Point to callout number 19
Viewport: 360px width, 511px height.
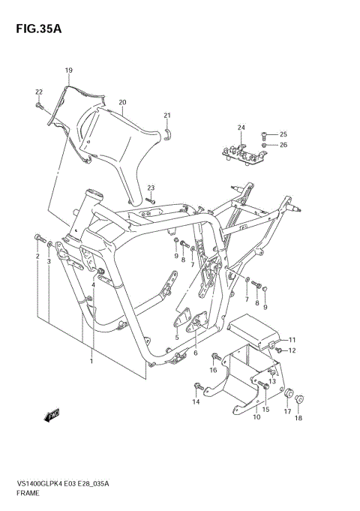pyautogui.click(x=68, y=71)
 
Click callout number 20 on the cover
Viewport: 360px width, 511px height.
pyautogui.click(x=122, y=102)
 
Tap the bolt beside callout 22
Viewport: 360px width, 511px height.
pyautogui.click(x=39, y=107)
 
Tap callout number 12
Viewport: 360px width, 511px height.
pyautogui.click(x=292, y=350)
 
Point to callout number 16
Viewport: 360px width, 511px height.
pyautogui.click(x=213, y=370)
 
